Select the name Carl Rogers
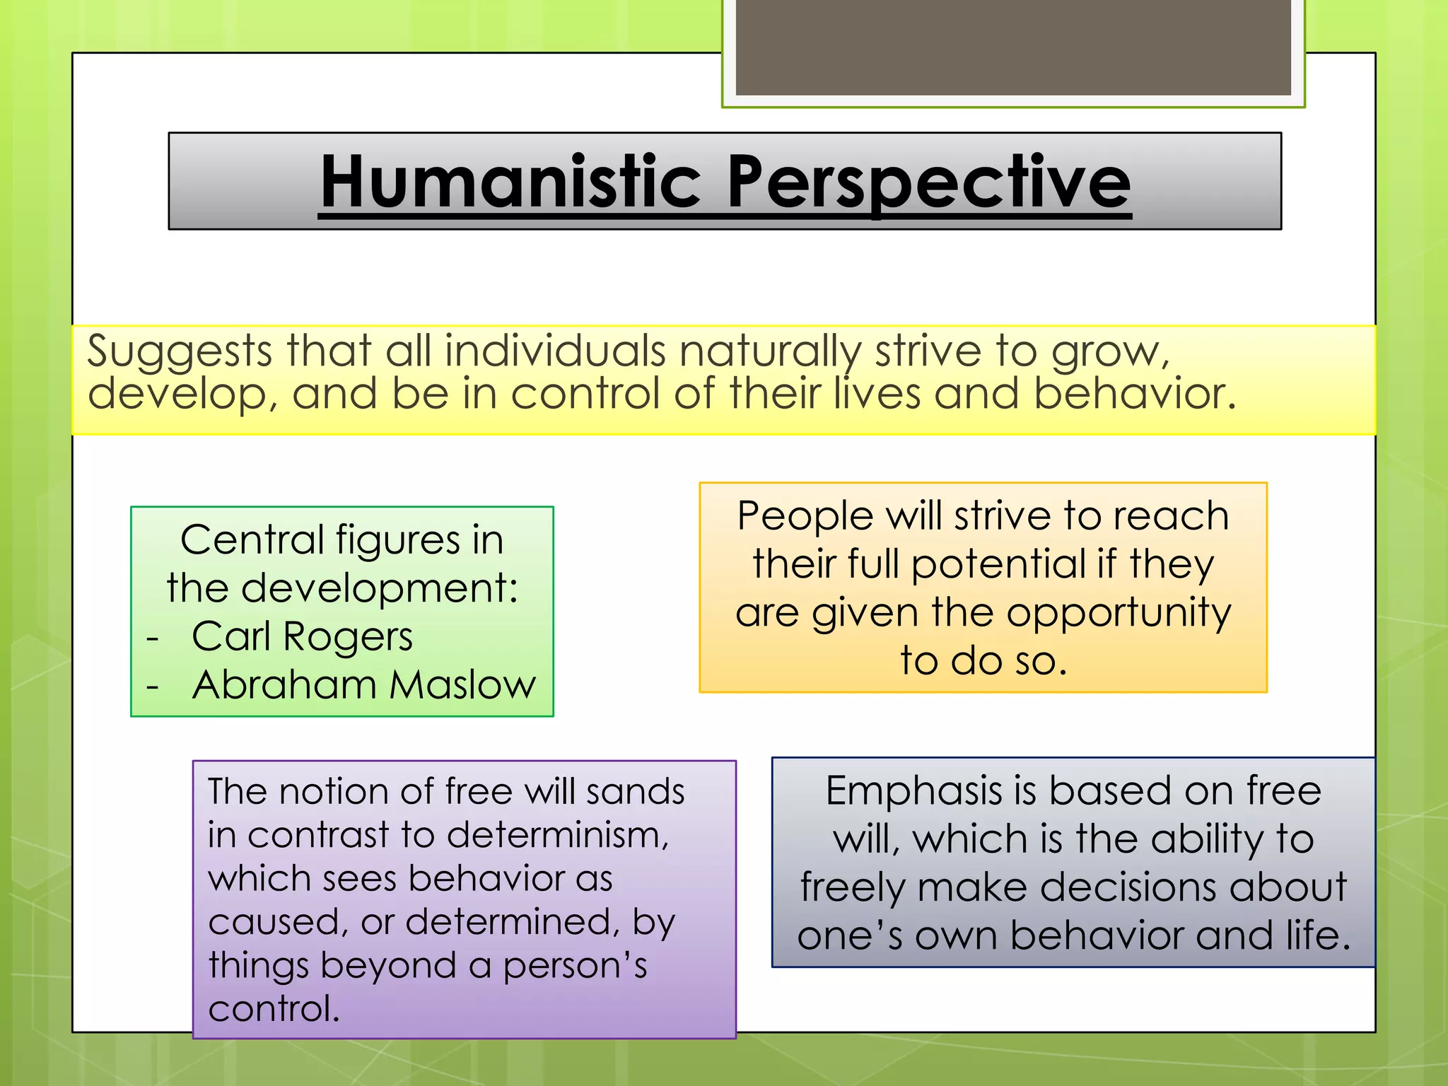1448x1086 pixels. [302, 636]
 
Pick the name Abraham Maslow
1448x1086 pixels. [363, 685]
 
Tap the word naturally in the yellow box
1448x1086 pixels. [770, 351]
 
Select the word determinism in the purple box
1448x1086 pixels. [558, 835]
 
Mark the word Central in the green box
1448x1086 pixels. [252, 541]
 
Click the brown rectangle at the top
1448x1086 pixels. [1013, 47]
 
